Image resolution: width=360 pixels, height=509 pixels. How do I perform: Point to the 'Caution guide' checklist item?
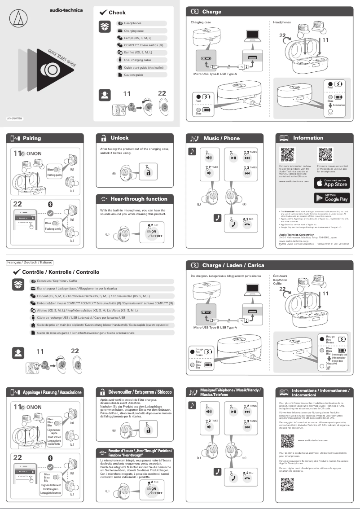click(133, 75)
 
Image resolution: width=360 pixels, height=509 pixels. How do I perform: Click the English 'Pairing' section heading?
click(32, 138)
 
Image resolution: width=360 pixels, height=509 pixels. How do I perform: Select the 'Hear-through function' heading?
click(139, 199)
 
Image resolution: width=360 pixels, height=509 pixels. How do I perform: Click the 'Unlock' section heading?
click(119, 138)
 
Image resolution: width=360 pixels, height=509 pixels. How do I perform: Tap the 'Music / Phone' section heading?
click(221, 138)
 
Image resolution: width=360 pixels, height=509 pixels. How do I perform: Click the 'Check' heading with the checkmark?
click(117, 13)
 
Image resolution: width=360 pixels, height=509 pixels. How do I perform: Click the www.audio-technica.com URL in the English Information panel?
click(294, 181)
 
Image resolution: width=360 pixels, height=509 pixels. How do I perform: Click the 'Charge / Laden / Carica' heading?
click(233, 265)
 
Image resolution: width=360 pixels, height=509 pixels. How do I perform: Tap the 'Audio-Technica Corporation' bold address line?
click(297, 234)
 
